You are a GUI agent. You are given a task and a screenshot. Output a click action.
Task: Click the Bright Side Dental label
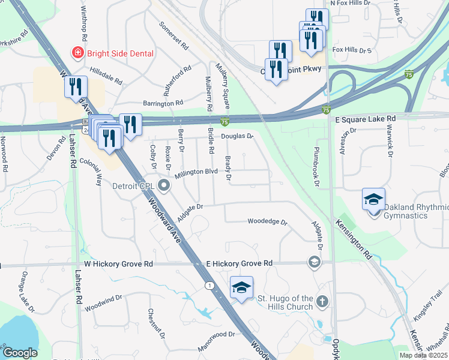point(120,53)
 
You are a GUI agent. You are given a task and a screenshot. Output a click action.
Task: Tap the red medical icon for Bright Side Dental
point(77,53)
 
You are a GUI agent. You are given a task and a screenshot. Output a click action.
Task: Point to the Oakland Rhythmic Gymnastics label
point(415,211)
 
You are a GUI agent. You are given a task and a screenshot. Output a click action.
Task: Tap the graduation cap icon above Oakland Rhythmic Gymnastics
point(373,199)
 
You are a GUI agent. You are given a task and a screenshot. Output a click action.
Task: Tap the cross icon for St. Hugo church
point(322,301)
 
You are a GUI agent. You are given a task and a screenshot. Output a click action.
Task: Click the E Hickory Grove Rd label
point(239,263)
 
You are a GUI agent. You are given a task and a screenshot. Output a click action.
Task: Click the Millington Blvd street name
point(196,173)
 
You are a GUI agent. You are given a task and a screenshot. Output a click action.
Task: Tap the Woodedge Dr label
point(268,221)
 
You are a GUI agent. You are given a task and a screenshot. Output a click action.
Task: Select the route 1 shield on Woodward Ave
point(209,284)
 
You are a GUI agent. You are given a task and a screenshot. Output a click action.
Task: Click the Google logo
point(20,353)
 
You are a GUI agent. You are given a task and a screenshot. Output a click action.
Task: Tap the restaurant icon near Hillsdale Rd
point(75,86)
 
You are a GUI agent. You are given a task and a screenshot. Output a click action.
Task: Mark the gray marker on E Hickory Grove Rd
point(313,262)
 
